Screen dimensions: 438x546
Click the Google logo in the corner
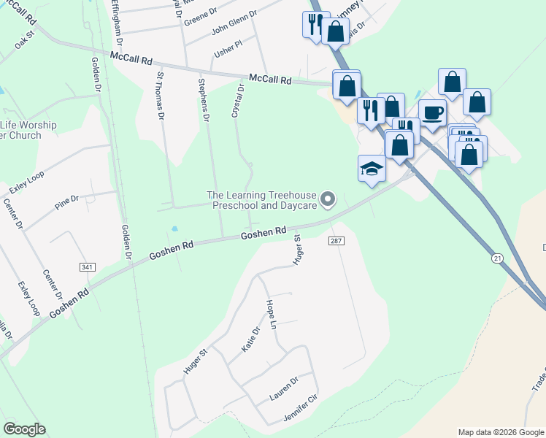[x=24, y=429]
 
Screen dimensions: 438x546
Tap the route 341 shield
[x=88, y=268]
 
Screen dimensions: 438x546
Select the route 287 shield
[x=336, y=241]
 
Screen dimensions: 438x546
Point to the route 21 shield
[x=498, y=258]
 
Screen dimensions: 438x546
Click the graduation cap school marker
[x=371, y=169]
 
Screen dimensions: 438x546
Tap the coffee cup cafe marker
[x=432, y=112]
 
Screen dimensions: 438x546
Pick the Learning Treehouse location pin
[x=328, y=199]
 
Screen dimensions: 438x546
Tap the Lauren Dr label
[x=284, y=388]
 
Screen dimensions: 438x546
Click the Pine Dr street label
[x=66, y=202]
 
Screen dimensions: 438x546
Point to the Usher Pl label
[x=227, y=50]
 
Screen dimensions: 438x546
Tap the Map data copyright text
[x=500, y=432]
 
